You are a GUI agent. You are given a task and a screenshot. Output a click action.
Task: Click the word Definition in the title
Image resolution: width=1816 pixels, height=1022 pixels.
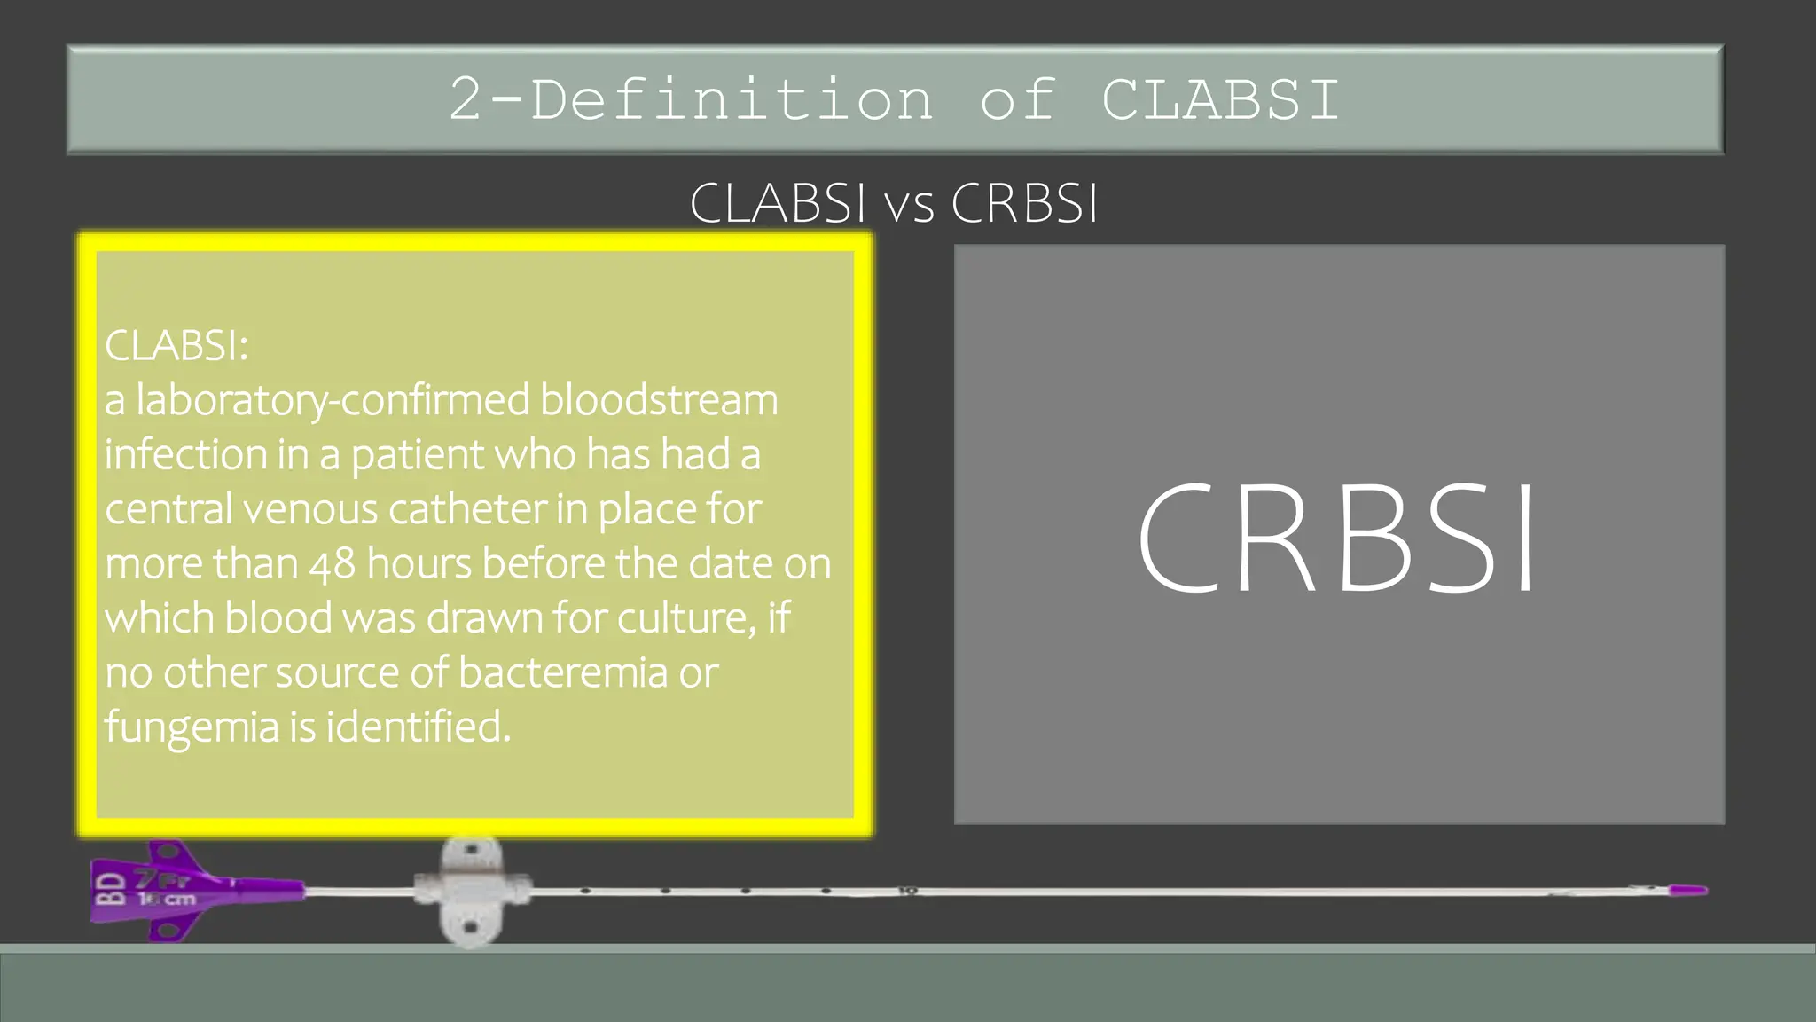pyautogui.click(x=732, y=99)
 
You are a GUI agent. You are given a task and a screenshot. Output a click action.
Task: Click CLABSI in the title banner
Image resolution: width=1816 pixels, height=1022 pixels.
pyautogui.click(x=1220, y=99)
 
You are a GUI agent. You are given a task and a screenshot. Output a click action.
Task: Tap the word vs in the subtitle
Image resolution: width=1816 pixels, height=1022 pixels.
pyautogui.click(x=910, y=204)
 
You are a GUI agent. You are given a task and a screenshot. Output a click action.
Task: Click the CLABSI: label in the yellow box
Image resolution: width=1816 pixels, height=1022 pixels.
pyautogui.click(x=176, y=345)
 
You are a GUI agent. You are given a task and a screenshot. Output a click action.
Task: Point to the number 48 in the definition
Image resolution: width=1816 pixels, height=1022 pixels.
pyautogui.click(x=333, y=564)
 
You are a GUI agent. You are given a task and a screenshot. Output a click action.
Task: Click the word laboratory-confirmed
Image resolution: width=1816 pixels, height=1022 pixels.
pyautogui.click(x=333, y=401)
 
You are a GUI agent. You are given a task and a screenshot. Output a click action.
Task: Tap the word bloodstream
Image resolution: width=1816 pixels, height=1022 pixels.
pyautogui.click(x=659, y=400)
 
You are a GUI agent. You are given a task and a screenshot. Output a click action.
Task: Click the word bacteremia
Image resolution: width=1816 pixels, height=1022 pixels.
pyautogui.click(x=563, y=672)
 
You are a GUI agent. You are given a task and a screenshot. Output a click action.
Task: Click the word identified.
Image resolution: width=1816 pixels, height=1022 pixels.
pyautogui.click(x=418, y=727)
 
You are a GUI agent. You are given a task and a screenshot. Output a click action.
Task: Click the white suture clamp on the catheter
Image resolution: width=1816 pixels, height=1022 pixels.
pyautogui.click(x=472, y=891)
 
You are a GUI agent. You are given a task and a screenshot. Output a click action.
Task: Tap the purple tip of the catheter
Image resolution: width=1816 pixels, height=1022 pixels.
pyautogui.click(x=1687, y=890)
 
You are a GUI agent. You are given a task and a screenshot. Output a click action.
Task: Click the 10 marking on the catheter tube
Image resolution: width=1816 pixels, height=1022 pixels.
pyautogui.click(x=907, y=891)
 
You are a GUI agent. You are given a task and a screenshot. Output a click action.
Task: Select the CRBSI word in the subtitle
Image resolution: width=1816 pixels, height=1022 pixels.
pyautogui.click(x=1024, y=204)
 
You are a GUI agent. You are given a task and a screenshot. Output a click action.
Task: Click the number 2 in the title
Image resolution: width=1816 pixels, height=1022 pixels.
pyautogui.click(x=466, y=99)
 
